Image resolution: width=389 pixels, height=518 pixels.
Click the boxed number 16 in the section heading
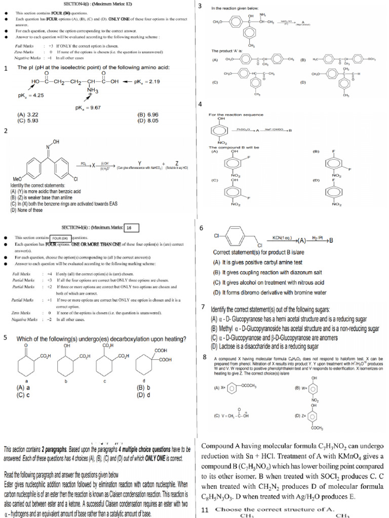tap(131, 228)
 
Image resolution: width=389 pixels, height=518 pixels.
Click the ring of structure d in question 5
tap(148, 365)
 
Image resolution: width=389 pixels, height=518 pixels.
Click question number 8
tap(204, 357)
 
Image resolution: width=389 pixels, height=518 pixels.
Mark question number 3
tap(200, 6)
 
